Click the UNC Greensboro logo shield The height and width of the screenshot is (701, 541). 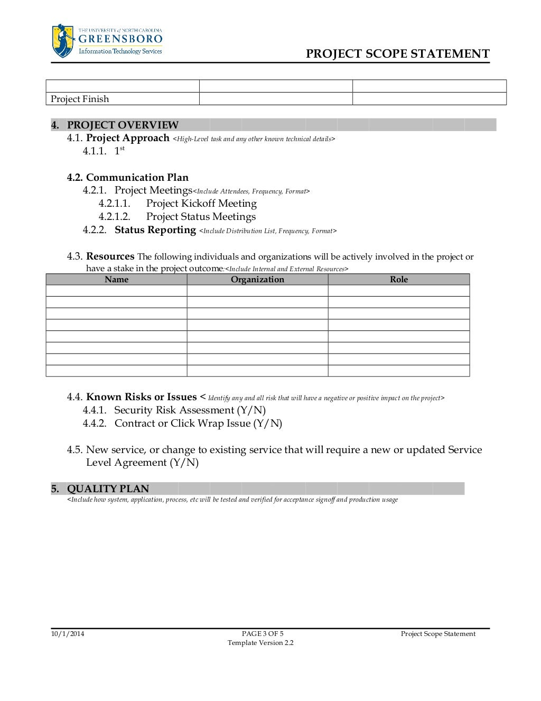[63, 41]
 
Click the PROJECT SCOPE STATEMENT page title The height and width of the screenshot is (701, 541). [397, 54]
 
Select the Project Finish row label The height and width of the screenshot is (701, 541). [80, 99]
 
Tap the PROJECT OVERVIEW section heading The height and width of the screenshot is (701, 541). [123, 125]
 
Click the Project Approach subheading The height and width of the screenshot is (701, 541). [127, 138]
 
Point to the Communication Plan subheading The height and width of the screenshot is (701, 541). [137, 177]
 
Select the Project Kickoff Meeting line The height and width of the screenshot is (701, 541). [201, 204]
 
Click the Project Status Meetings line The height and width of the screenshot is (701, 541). [201, 217]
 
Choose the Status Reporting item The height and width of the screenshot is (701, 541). [155, 230]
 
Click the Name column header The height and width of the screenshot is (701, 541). [116, 279]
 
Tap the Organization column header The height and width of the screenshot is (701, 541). [257, 279]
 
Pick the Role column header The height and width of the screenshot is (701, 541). [399, 279]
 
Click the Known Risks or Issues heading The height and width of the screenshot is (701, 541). [141, 397]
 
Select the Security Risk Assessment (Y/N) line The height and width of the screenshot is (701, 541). [190, 410]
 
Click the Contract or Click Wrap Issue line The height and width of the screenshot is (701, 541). [198, 423]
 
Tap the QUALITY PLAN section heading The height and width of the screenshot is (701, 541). [108, 488]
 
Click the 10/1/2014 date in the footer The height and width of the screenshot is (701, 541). [68, 633]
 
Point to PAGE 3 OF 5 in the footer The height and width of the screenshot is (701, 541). [263, 633]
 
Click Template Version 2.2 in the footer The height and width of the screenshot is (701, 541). [260, 643]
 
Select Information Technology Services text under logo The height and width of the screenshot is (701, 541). [120, 51]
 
